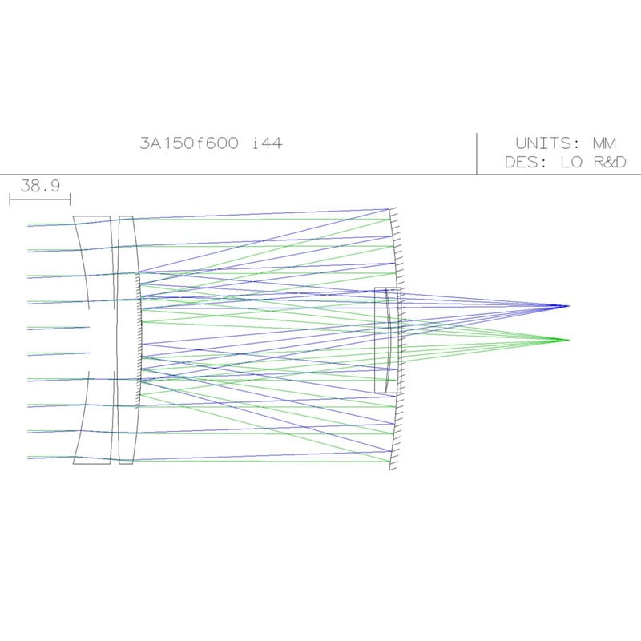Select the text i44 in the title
(x=267, y=143)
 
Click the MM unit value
(x=604, y=143)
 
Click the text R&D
(x=608, y=163)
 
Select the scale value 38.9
(x=40, y=186)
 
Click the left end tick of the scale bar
(x=10, y=198)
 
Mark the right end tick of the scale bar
(x=71, y=198)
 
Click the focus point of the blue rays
(x=568, y=306)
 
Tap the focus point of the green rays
(x=568, y=340)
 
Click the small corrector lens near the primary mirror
(x=386, y=340)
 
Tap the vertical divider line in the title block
(x=477, y=153)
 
